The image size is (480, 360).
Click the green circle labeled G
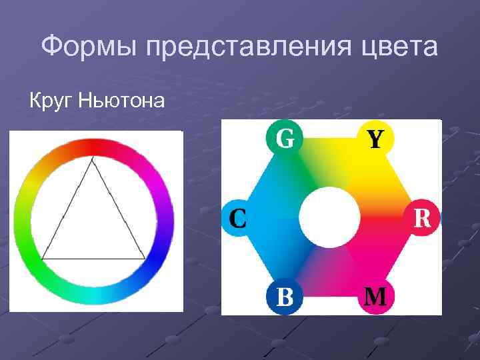point(284,139)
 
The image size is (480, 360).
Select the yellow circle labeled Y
point(375,139)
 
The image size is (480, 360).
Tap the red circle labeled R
point(422,217)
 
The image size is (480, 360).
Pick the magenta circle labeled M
point(375,296)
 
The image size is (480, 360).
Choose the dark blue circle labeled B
point(284,296)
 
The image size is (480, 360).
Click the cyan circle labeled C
point(238,217)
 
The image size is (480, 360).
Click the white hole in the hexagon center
point(329,218)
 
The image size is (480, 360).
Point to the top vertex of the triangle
point(93,158)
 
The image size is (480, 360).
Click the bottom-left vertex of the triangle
point(43,259)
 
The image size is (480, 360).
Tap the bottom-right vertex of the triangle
point(144,258)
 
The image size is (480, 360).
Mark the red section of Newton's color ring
point(93,147)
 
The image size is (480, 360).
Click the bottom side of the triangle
point(93,259)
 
